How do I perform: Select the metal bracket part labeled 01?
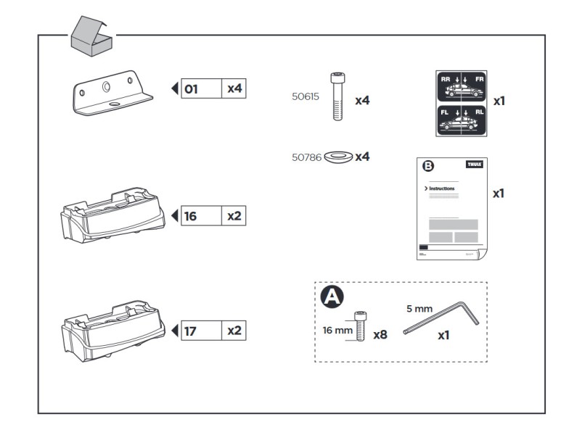tap(112, 94)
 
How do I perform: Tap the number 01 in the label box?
tap(191, 89)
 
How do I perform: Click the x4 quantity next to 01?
tap(234, 89)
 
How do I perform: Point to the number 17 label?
tap(191, 331)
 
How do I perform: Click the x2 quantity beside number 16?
tap(234, 215)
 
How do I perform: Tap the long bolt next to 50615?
tap(337, 96)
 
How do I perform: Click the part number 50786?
tap(306, 156)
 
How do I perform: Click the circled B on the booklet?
tap(428, 166)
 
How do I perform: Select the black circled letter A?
tap(332, 296)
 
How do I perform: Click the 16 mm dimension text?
tap(337, 330)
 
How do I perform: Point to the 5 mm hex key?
tap(443, 318)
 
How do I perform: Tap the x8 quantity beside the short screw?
tap(380, 335)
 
